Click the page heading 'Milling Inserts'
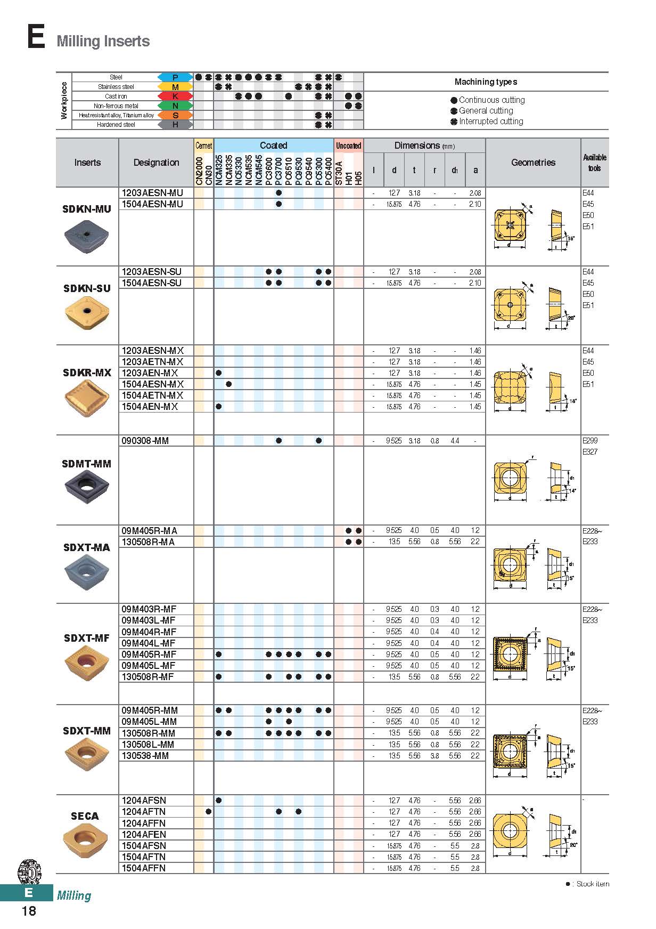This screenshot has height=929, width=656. pos(103,41)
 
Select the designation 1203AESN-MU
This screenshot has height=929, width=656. pos(152,193)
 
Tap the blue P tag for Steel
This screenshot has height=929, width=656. pos(175,77)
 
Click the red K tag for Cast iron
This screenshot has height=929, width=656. pos(175,96)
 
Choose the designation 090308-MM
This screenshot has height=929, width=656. pos(145,441)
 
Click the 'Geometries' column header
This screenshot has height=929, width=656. pos(533,163)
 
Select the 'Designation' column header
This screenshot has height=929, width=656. pos(156,163)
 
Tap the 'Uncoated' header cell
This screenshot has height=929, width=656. pos(348,146)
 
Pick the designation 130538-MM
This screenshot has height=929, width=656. pos(145,756)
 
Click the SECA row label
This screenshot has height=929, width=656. pos(85,816)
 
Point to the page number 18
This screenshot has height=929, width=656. pos(29,911)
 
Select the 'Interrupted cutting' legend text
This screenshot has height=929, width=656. pos(491,122)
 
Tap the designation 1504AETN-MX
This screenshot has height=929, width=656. pos(153,395)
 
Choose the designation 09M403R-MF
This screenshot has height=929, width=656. pos(149,609)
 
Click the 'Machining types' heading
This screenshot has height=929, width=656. pos(486,82)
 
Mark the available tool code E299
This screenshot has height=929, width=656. pos(590,441)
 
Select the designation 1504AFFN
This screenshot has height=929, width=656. pos(144,868)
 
